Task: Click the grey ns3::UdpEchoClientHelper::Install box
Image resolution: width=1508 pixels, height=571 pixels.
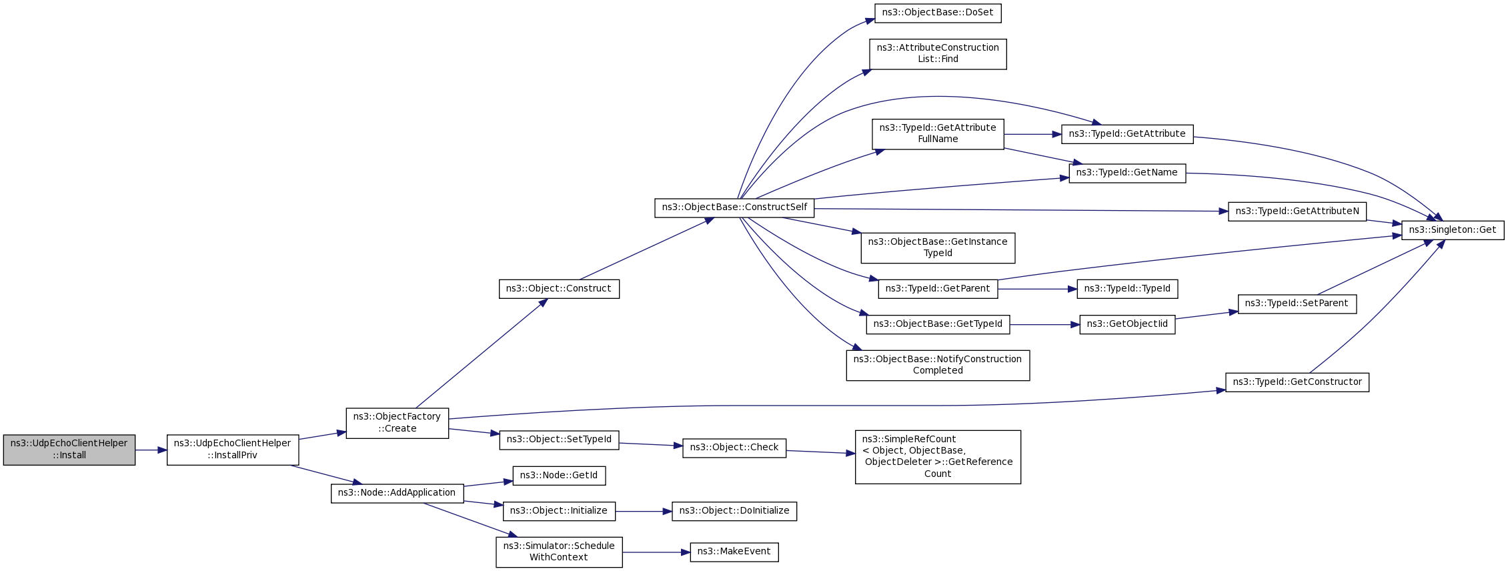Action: (x=69, y=450)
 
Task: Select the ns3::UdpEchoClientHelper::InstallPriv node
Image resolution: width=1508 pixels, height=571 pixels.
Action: (x=232, y=450)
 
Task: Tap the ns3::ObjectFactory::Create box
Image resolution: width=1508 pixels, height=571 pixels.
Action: (x=397, y=423)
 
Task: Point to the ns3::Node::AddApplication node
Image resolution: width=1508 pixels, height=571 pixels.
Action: (x=397, y=493)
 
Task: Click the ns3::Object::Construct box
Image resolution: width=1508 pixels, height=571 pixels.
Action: (x=559, y=289)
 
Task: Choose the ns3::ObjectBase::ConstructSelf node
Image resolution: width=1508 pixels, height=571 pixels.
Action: (x=734, y=207)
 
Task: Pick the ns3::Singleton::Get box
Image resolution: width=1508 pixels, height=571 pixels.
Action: (x=1452, y=230)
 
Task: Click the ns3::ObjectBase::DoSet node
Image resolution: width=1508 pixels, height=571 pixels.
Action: (x=937, y=13)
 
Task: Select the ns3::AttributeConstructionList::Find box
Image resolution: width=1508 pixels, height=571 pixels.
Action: (x=937, y=53)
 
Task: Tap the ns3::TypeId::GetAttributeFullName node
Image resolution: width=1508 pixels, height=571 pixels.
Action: (x=937, y=133)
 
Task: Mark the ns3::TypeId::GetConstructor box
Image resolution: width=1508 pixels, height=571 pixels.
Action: (x=1297, y=382)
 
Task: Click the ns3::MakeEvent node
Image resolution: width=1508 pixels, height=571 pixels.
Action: (x=734, y=552)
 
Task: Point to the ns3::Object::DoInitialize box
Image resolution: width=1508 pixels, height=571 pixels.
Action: (x=734, y=511)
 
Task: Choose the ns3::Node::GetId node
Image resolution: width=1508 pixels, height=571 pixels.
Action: (x=559, y=476)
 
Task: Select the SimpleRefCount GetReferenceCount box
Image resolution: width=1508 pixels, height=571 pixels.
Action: (x=937, y=456)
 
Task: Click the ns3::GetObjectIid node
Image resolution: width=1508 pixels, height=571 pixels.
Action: (x=1126, y=324)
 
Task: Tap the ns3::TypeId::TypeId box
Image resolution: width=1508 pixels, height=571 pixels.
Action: (x=1126, y=289)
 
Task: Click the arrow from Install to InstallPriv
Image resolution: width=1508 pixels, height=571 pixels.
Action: (x=151, y=450)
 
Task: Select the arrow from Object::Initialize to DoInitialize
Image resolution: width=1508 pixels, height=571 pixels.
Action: (x=643, y=512)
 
